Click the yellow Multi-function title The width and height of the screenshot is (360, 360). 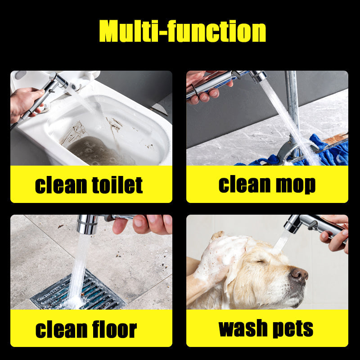coord(183,31)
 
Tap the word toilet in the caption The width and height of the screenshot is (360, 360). coord(117,185)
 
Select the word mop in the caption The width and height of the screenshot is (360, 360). coord(296,185)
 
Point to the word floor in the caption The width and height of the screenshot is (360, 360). coord(114,329)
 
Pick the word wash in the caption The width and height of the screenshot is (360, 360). coord(244,328)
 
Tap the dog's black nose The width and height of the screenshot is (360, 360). coord(298,275)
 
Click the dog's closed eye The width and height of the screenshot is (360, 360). coord(261,261)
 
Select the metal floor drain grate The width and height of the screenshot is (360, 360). coord(78,290)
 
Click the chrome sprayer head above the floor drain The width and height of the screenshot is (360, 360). coord(87,224)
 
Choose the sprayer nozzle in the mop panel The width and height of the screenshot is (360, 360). coord(258,76)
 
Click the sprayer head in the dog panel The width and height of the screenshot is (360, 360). coord(293,223)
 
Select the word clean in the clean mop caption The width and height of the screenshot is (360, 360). coord(245,184)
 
